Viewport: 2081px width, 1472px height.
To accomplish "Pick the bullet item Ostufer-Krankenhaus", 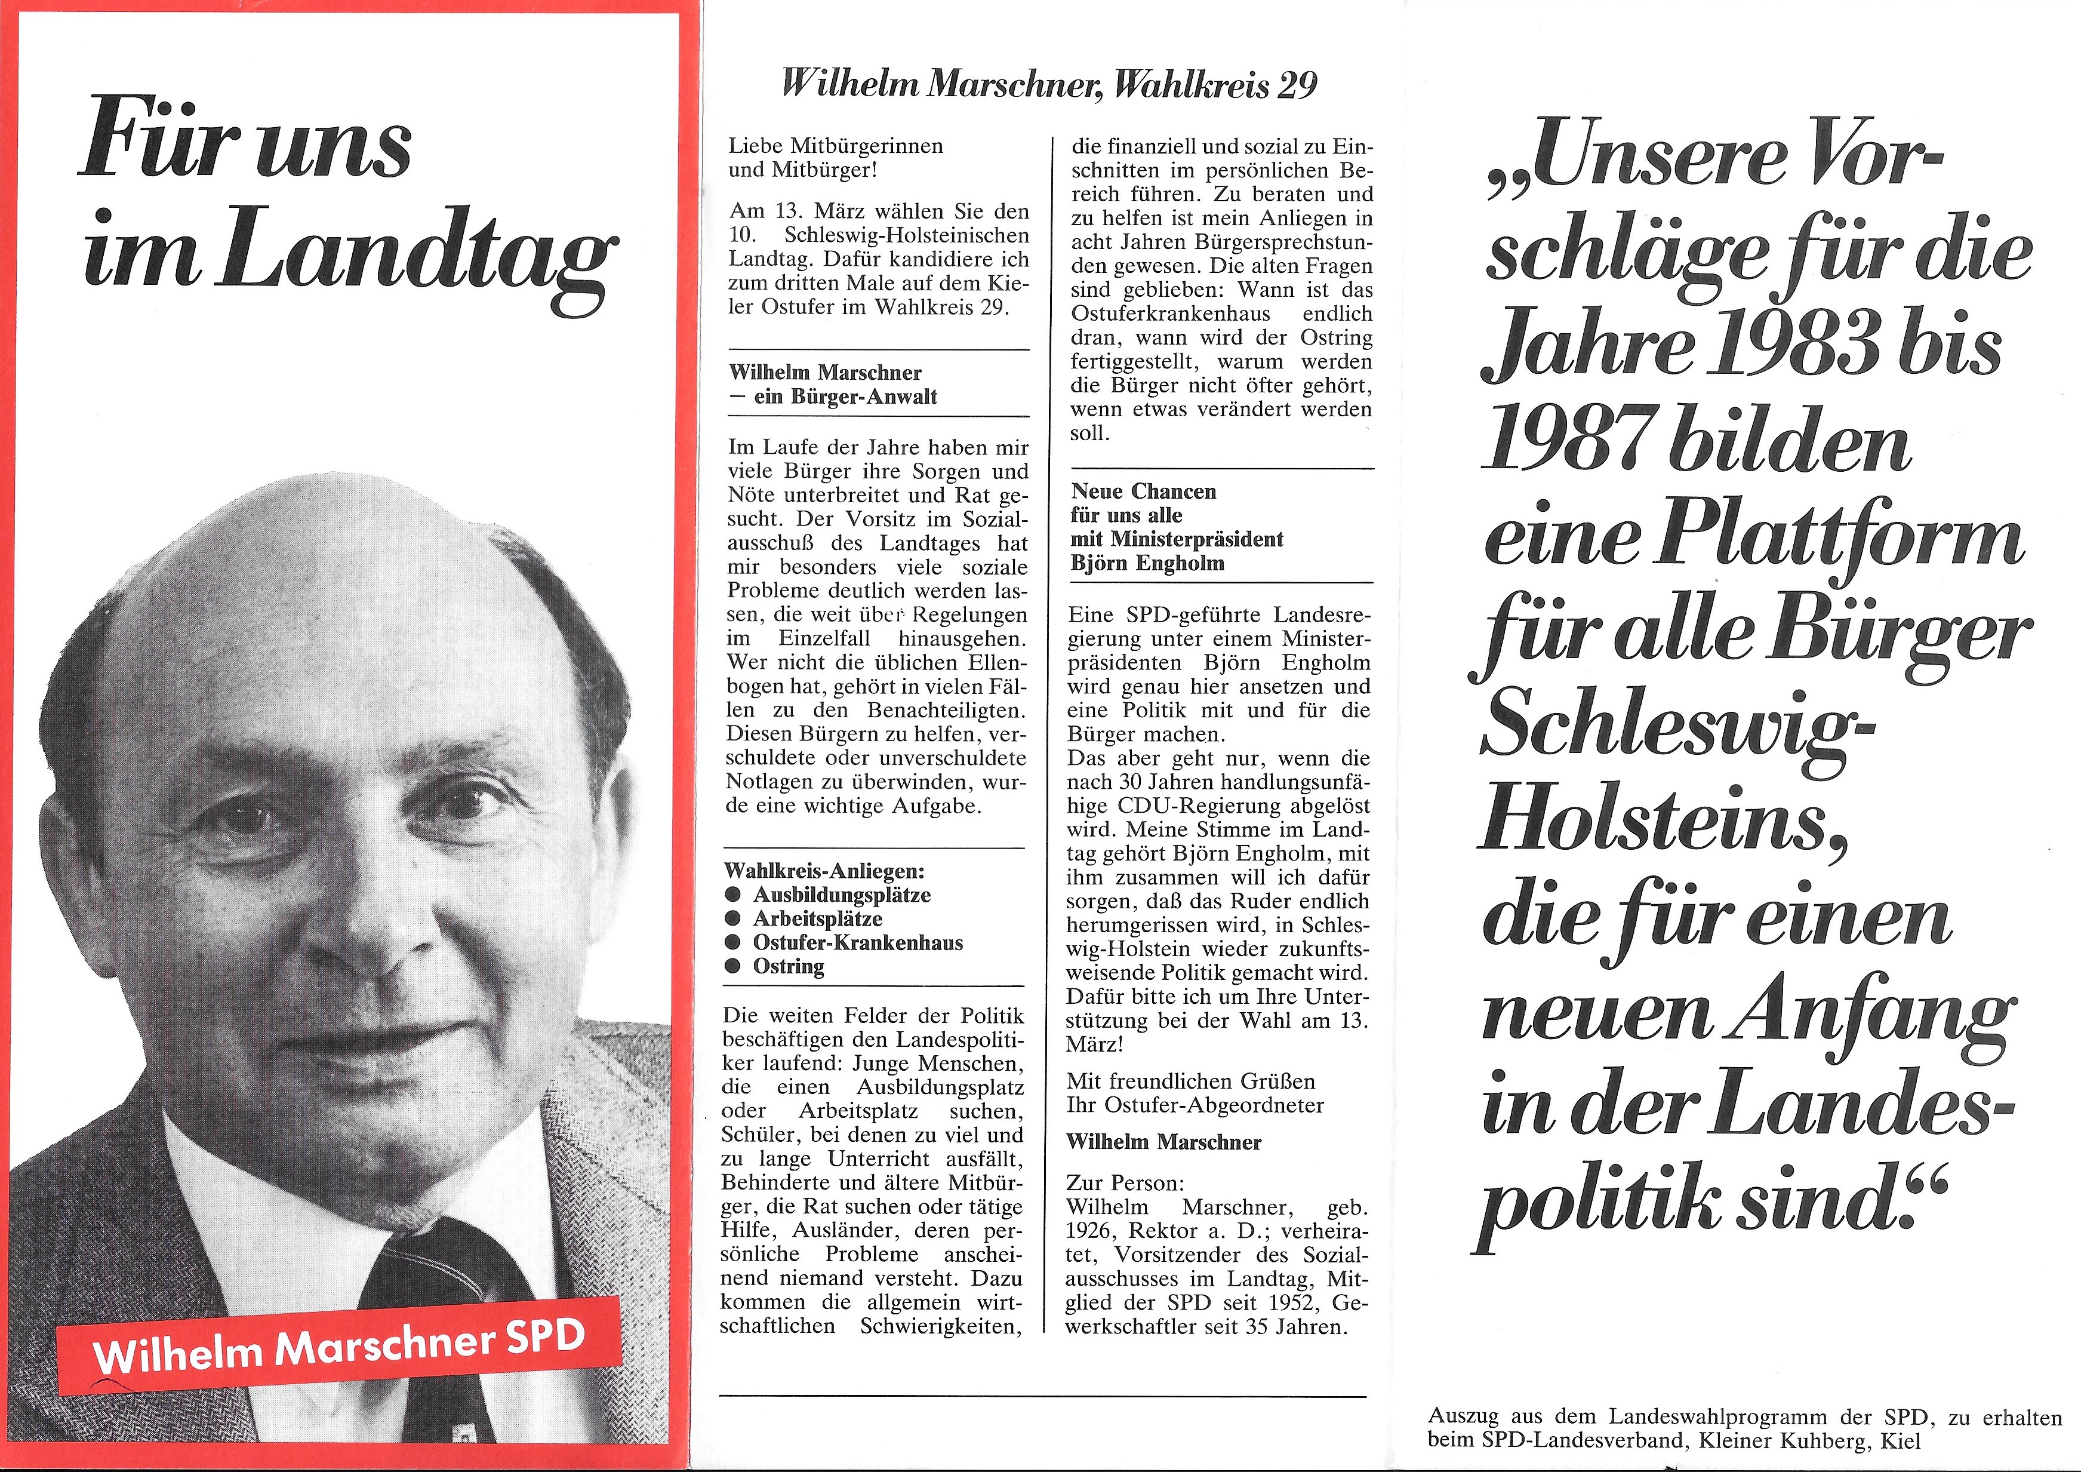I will pyautogui.click(x=857, y=943).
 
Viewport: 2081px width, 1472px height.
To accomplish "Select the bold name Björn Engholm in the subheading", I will pyautogui.click(x=1147, y=563).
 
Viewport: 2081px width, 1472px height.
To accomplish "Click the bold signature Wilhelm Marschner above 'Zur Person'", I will pyautogui.click(x=1163, y=1142).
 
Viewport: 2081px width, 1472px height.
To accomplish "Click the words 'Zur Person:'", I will pyautogui.click(x=1124, y=1184).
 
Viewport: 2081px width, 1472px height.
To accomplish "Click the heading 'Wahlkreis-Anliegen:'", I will pyautogui.click(x=824, y=872).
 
